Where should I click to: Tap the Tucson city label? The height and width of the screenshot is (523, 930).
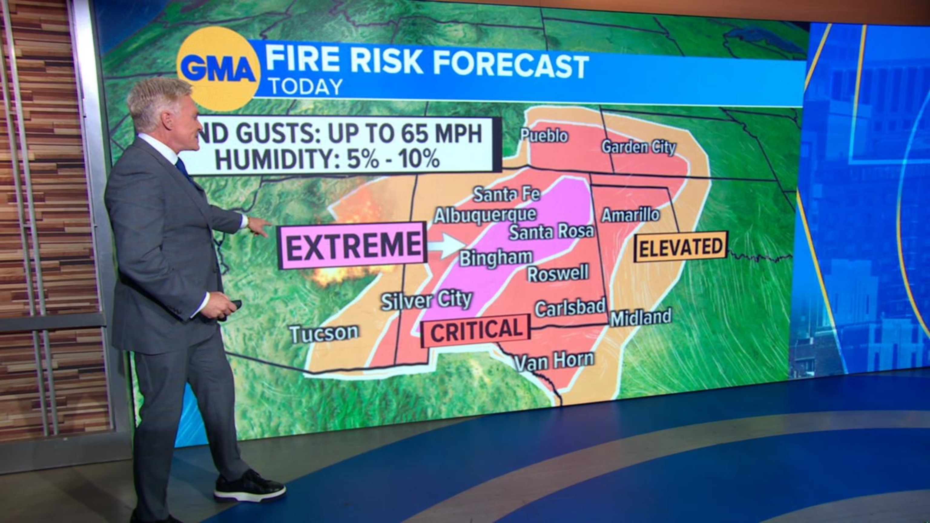(x=324, y=334)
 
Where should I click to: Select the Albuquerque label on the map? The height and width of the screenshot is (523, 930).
(x=485, y=215)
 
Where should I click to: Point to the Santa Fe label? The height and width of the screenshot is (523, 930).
(x=506, y=195)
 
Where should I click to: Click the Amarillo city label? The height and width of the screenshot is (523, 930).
(x=630, y=215)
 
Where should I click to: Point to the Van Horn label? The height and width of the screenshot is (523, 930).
(x=554, y=361)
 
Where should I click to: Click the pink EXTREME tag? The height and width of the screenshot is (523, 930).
(x=353, y=245)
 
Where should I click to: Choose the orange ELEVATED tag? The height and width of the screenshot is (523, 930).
(x=681, y=247)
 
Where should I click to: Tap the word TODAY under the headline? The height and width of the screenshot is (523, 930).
(x=306, y=87)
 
